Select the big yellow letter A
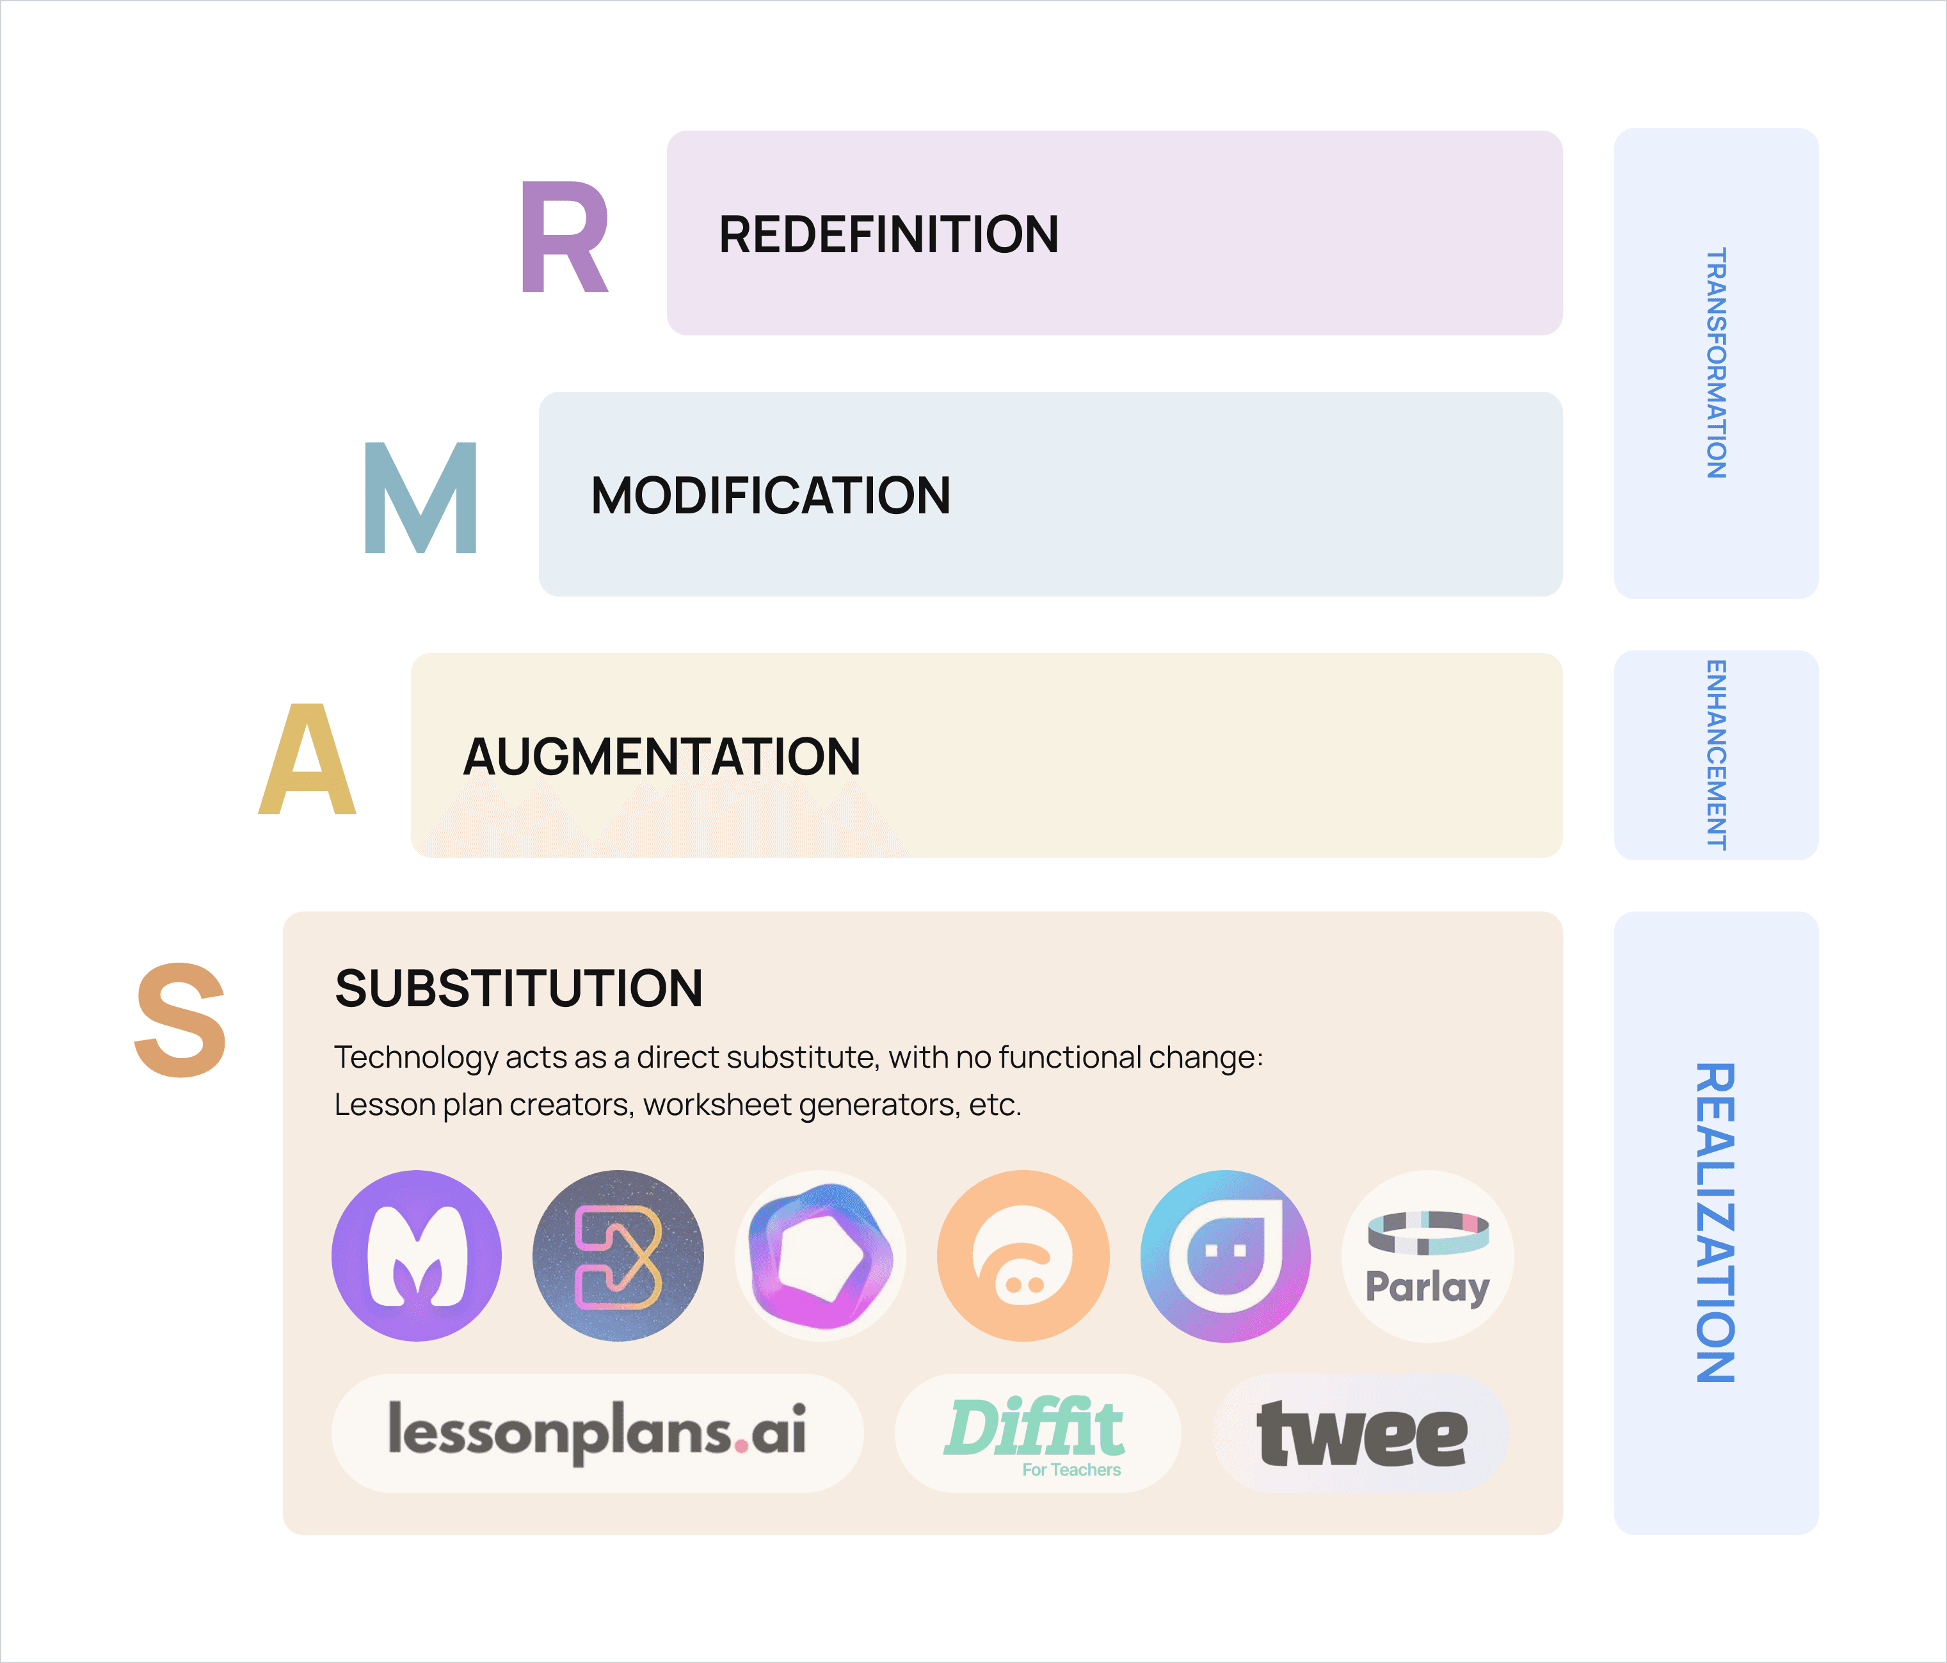point(307,759)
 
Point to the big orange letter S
point(180,1020)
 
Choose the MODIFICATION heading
point(771,495)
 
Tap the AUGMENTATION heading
point(662,757)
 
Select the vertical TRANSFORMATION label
point(1716,363)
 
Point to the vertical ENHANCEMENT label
point(1716,755)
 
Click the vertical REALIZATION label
point(1716,1223)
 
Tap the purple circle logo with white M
point(416,1255)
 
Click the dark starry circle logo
point(618,1255)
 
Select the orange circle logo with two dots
point(1023,1255)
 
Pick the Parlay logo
point(1427,1255)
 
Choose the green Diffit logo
point(1038,1433)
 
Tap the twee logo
point(1361,1433)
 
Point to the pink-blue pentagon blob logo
point(821,1255)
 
